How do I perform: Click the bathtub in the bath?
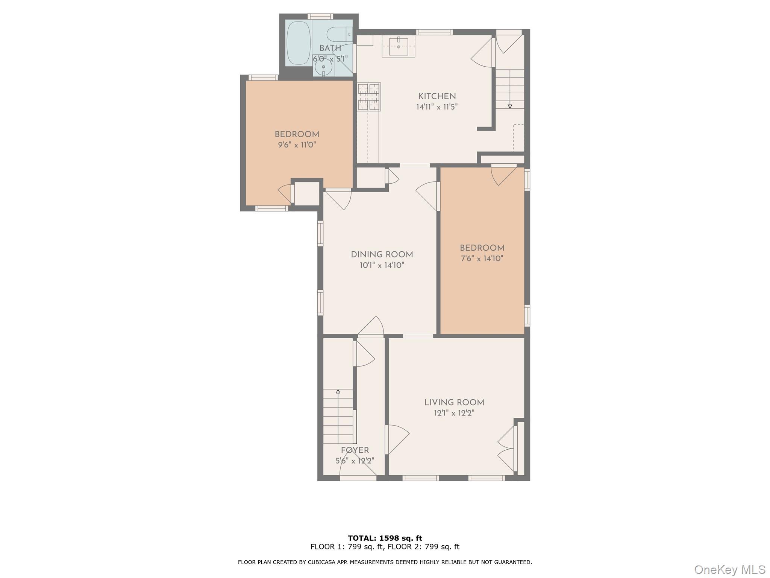pos(299,43)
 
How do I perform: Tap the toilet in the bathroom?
pos(340,34)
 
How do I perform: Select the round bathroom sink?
pos(323,67)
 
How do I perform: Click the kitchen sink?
pos(399,46)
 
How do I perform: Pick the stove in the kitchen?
pos(369,97)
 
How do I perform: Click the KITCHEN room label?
pos(437,96)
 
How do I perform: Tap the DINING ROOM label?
pos(382,255)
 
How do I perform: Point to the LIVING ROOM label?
pos(454,402)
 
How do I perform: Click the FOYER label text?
pos(355,450)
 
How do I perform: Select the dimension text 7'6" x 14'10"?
pos(482,259)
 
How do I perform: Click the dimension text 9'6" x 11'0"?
pos(297,144)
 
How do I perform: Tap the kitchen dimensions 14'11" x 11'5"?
pos(437,107)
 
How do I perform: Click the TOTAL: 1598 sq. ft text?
pos(385,538)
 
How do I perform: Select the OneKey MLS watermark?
pos(730,569)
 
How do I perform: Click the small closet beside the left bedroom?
pos(307,194)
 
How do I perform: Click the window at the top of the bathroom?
pos(320,17)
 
